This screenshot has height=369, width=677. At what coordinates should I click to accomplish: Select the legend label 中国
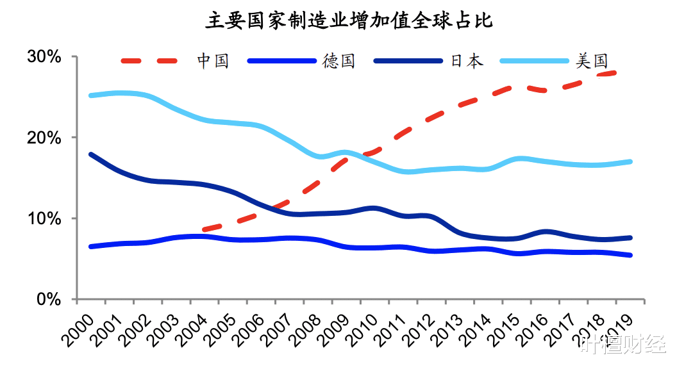(x=212, y=61)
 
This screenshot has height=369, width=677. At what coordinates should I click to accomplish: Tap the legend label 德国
(x=338, y=61)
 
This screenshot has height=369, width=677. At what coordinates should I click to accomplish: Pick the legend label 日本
(x=467, y=61)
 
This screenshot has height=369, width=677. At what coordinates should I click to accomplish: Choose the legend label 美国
(x=591, y=61)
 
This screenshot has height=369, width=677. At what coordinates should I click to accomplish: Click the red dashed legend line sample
(x=149, y=61)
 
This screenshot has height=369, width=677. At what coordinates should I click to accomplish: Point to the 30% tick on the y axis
(x=44, y=56)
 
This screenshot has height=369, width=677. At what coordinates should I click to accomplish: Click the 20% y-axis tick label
(x=44, y=138)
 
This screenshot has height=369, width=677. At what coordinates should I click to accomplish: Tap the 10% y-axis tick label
(x=44, y=218)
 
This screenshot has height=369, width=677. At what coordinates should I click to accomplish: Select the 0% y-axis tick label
(x=49, y=299)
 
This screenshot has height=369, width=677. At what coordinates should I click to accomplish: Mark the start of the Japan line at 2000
(x=91, y=154)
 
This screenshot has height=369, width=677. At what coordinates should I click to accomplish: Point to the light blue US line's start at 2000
(x=91, y=95)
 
